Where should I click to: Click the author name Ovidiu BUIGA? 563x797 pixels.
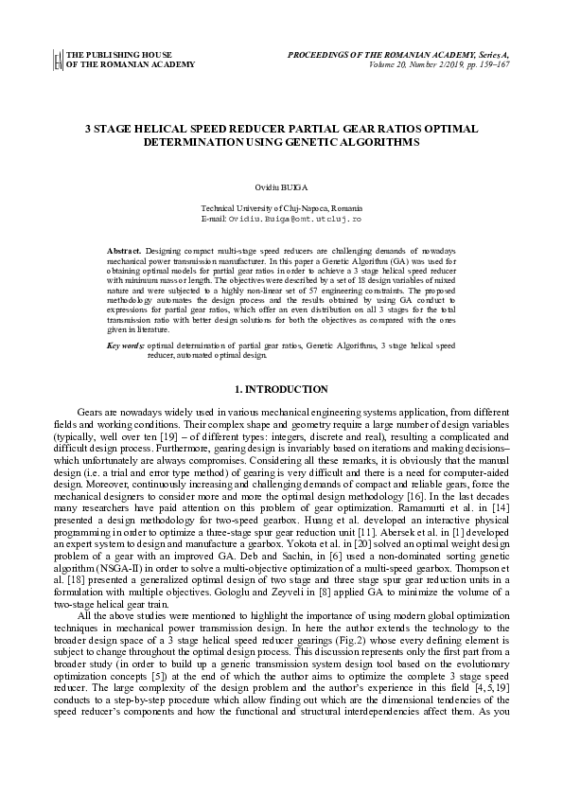281,189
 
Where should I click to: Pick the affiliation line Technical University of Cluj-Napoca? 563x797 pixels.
281,207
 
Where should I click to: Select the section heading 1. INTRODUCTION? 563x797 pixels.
281,389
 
